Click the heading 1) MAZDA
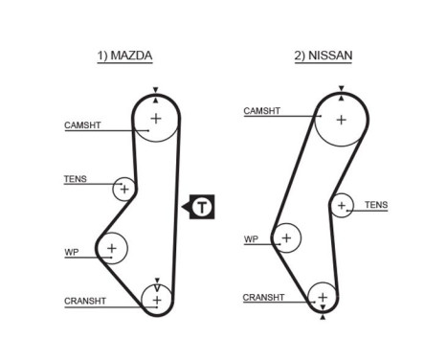[124, 56]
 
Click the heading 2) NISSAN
[323, 56]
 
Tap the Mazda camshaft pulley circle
[154, 118]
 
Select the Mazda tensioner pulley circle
[123, 189]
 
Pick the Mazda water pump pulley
[112, 249]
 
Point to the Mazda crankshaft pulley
[154, 299]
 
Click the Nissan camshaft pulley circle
[342, 121]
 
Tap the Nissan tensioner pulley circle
[342, 205]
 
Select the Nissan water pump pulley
[285, 236]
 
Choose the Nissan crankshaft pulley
[323, 299]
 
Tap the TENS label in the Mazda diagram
[75, 179]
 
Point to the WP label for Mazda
[71, 252]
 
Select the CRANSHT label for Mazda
[84, 301]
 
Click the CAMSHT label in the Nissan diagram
[261, 111]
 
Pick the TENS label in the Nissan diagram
[376, 205]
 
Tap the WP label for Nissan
[251, 239]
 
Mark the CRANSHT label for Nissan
[262, 297]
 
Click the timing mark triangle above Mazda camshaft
[154, 90]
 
